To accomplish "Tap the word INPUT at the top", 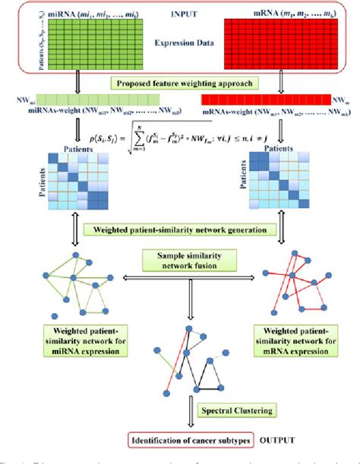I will click(x=179, y=14).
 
